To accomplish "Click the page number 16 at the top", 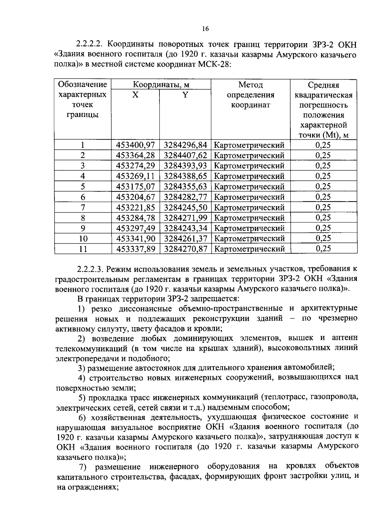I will coord(205,29).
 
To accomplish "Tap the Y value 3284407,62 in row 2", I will coord(185,155).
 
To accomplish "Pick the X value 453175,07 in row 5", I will coord(135,187).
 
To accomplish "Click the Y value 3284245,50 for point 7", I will coord(185,207).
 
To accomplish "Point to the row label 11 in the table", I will coord(83,249).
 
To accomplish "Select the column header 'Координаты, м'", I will coord(161,85).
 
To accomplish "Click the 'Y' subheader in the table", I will coord(185,95).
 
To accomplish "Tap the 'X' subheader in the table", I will coord(135,95).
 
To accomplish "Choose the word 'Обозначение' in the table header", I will coord(83,85).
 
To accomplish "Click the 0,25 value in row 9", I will coord(323,228).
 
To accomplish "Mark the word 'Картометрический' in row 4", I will coord(249,176).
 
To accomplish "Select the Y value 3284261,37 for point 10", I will coord(185,239).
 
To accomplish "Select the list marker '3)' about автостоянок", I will coord(81,368).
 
